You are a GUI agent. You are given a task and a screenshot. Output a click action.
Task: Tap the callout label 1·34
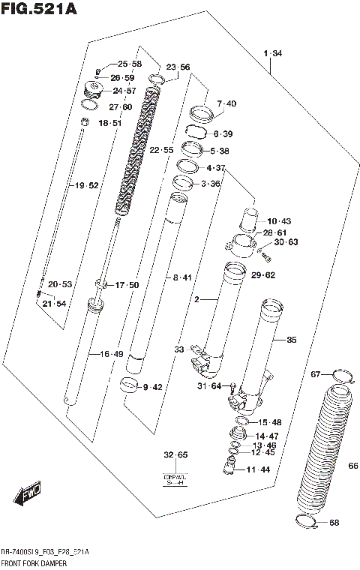[273, 53]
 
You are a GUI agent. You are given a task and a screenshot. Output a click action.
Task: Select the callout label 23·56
[178, 67]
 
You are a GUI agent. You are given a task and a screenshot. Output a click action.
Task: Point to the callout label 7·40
[226, 103]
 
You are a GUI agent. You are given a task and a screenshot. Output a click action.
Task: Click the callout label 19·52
[85, 185]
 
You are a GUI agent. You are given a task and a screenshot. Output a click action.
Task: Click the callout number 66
[351, 466]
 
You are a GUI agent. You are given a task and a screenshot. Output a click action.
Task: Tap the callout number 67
[316, 373]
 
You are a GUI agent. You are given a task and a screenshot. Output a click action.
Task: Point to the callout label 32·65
[176, 455]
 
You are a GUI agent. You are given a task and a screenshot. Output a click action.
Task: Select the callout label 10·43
[278, 221]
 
